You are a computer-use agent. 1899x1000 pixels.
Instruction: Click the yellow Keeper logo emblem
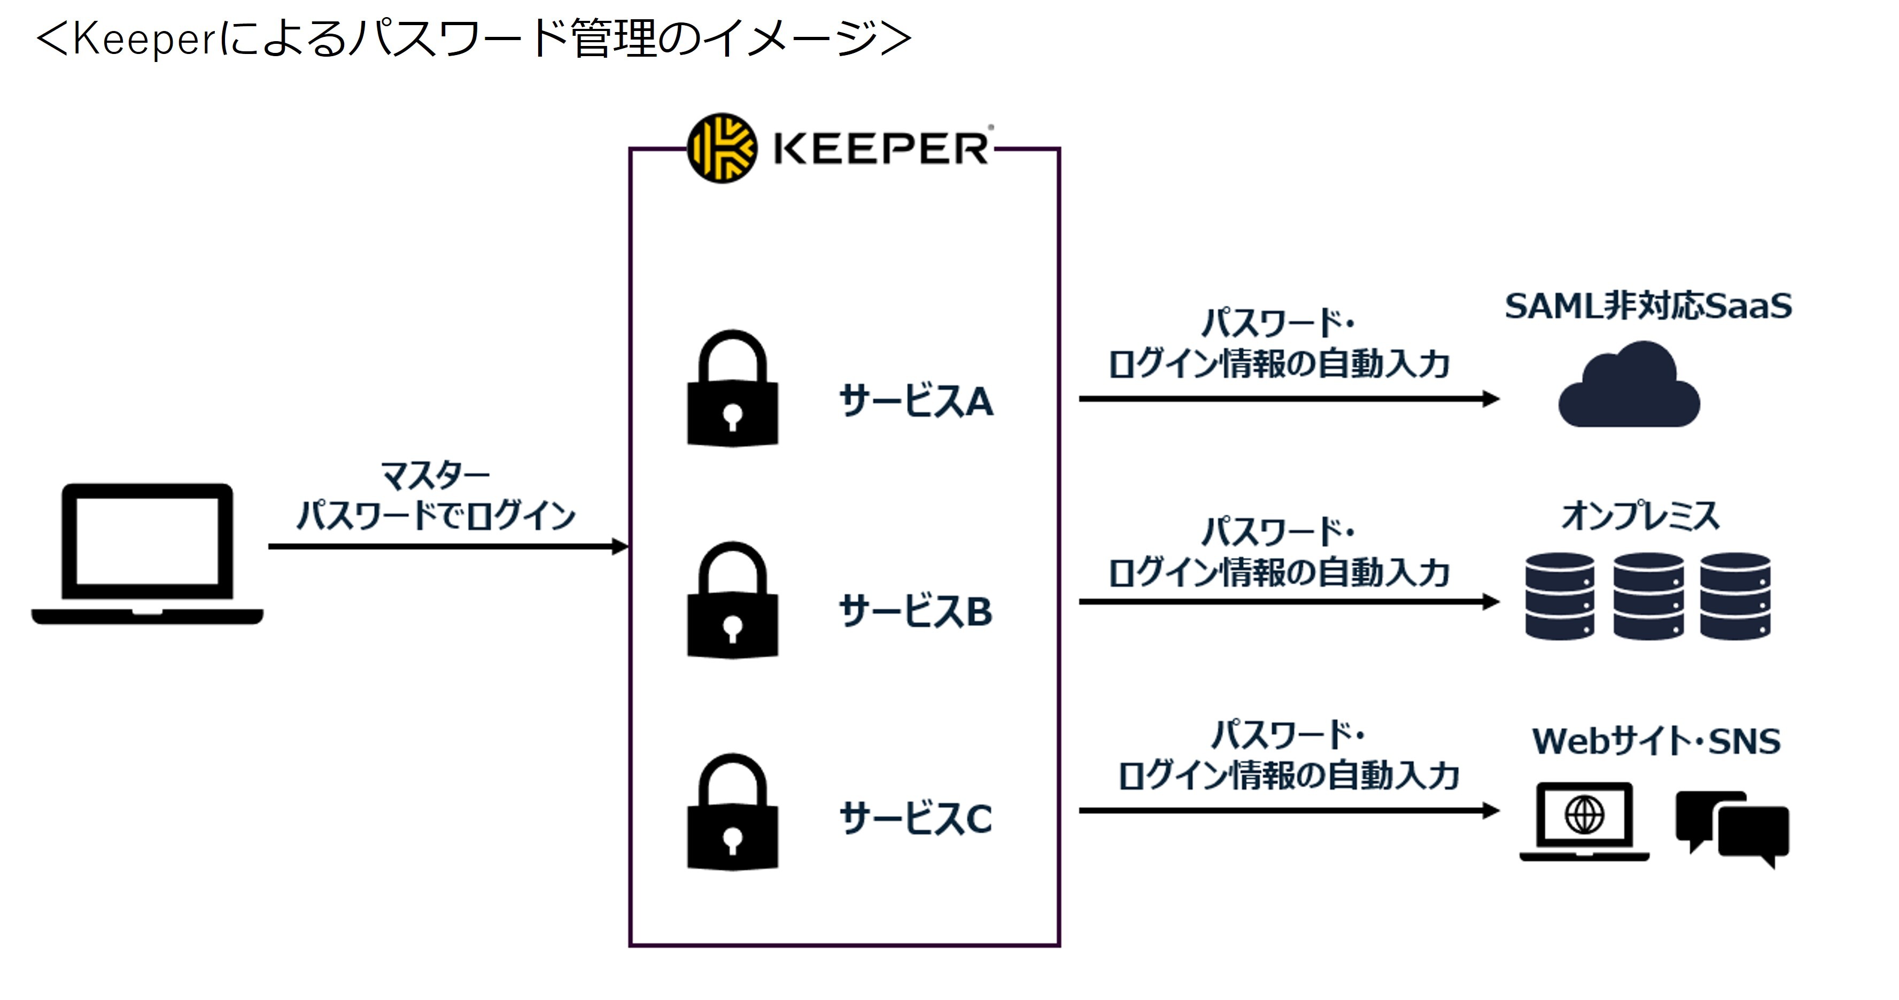(x=721, y=148)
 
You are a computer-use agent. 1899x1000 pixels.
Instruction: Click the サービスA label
(x=916, y=401)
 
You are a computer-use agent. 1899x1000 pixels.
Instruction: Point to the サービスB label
(x=916, y=611)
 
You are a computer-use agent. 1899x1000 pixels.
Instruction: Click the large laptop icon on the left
(x=148, y=553)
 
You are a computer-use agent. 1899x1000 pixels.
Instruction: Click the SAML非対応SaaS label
(x=1648, y=306)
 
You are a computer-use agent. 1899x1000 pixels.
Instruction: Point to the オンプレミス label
(x=1640, y=515)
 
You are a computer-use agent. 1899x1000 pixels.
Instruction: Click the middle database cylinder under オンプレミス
(x=1648, y=595)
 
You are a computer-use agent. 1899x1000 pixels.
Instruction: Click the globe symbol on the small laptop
(x=1584, y=815)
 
